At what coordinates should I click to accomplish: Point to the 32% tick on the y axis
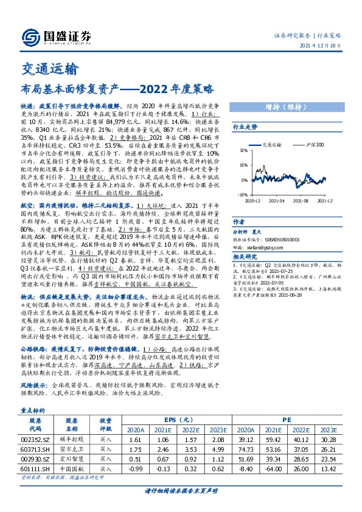[x=243, y=150]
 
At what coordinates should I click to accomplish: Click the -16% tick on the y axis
[x=242, y=195]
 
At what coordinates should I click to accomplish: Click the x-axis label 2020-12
[x=252, y=200]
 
